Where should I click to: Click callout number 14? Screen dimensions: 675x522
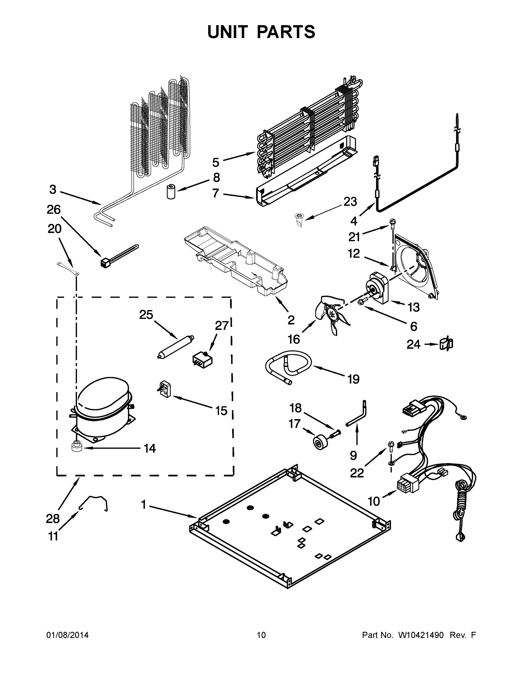150,448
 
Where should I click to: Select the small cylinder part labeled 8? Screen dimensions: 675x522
171,191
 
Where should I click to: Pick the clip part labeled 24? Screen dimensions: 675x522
446,344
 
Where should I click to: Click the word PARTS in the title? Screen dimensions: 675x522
286,32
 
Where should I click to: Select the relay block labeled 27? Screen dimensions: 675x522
203,359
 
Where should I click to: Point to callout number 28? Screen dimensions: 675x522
53,519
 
